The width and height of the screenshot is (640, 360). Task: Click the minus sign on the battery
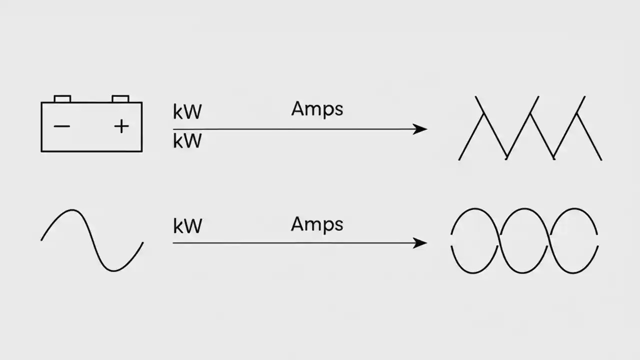coord(62,126)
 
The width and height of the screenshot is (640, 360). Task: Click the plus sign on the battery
coord(121,126)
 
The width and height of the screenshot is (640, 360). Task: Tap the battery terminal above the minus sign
coord(62,98)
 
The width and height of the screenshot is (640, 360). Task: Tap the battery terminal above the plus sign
coord(120,98)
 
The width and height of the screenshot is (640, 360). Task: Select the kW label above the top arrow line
coord(187,112)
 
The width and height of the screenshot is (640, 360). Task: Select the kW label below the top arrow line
coord(187,141)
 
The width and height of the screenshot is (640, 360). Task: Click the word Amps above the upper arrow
coord(317,109)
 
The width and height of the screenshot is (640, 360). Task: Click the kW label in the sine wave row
coord(187,226)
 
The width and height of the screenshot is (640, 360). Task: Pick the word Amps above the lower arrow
coord(317,224)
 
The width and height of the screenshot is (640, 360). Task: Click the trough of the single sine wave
coord(114,270)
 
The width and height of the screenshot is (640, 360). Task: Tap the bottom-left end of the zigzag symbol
coord(459,159)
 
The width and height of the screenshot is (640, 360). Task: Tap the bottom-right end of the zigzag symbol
coord(601,159)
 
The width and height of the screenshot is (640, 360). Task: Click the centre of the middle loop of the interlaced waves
coord(524,240)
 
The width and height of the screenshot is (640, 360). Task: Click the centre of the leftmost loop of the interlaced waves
coord(475,240)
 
